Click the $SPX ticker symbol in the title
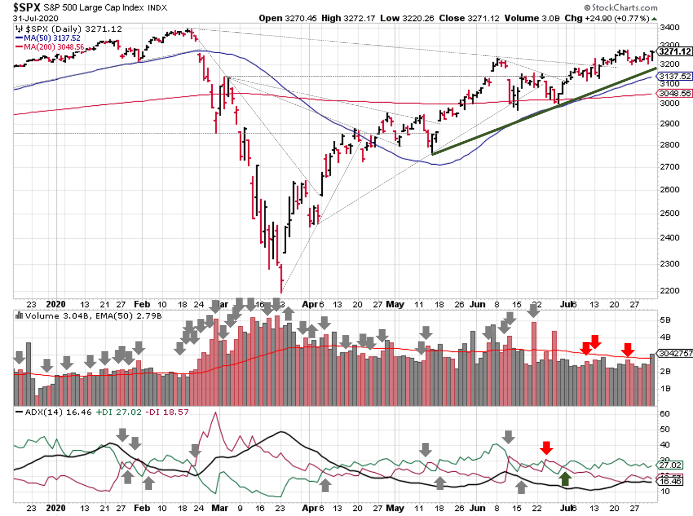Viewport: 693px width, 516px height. coord(26,7)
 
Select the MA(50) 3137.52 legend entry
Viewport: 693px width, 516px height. coord(52,38)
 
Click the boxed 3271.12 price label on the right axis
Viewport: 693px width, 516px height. coord(675,51)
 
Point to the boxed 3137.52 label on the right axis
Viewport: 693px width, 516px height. coord(675,76)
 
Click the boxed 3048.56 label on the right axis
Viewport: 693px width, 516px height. coord(675,93)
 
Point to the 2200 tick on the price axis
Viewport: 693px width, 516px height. coord(670,291)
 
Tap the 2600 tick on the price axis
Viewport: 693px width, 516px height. coord(670,190)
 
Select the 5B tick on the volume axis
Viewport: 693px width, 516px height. coord(665,320)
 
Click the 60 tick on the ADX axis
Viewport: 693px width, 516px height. coord(665,414)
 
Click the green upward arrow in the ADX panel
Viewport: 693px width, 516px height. coord(565,478)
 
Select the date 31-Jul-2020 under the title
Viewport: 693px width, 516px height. coord(35,18)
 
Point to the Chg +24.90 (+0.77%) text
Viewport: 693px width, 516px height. coord(607,18)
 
